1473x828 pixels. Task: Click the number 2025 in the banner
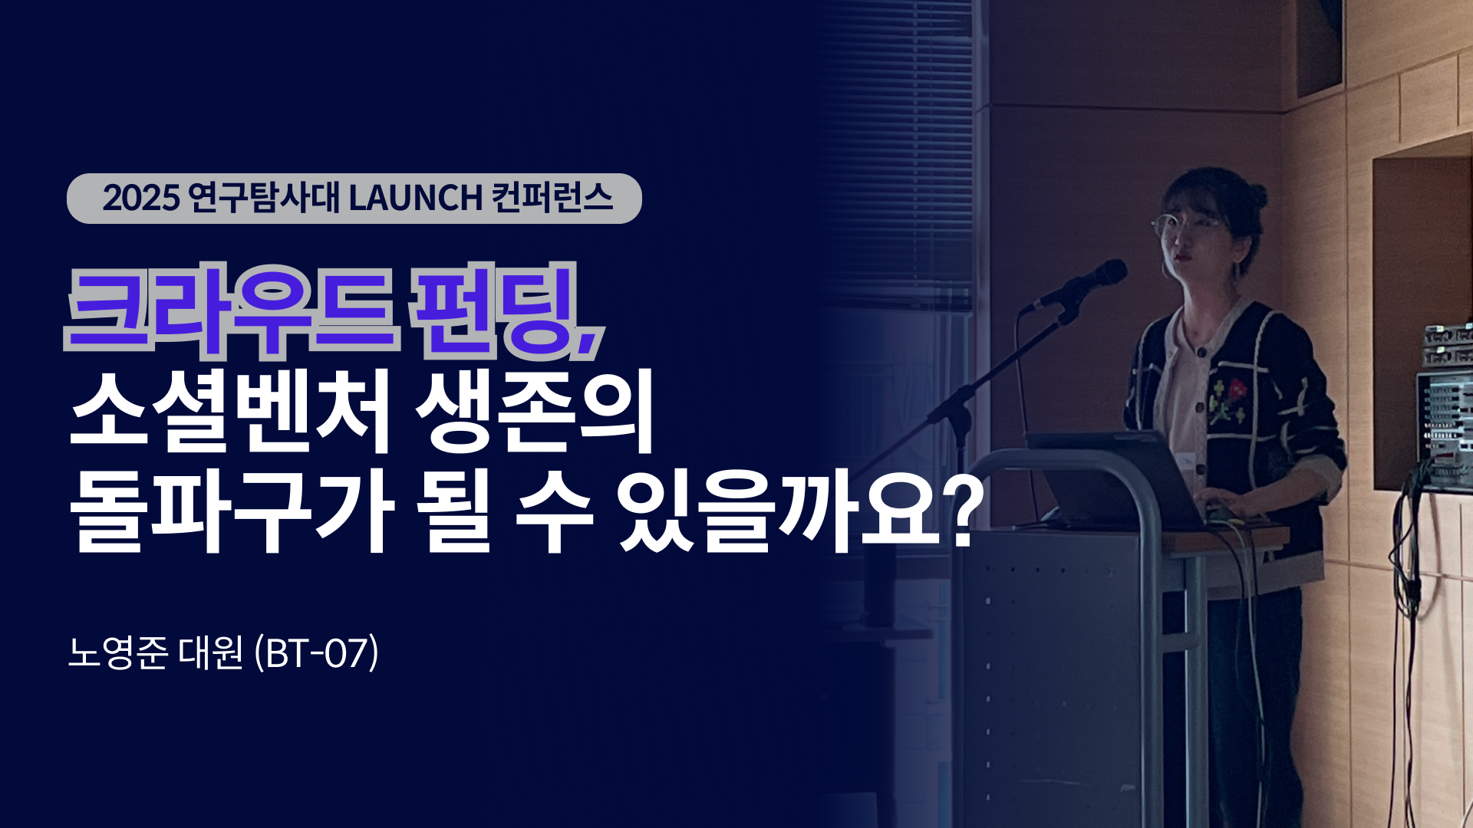[x=140, y=199]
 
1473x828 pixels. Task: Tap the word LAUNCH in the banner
[x=415, y=199]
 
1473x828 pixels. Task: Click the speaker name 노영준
[x=117, y=653]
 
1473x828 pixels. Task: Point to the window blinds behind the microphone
[x=898, y=153]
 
